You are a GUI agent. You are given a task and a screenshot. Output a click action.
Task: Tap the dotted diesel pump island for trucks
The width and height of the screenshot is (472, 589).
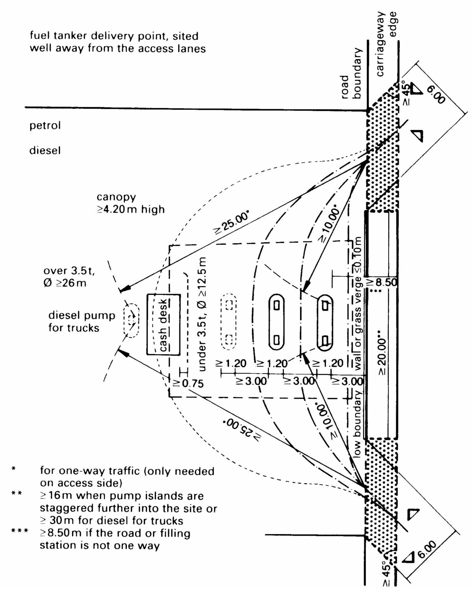point(131,320)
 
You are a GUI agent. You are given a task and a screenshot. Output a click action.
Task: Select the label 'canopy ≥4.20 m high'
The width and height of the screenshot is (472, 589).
point(130,203)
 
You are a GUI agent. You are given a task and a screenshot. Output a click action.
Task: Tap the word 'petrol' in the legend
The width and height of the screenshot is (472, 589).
point(45,125)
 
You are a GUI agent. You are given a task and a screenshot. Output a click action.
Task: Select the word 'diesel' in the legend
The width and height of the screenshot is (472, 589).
point(45,150)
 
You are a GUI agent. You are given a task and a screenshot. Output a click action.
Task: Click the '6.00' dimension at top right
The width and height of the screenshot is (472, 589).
point(436,94)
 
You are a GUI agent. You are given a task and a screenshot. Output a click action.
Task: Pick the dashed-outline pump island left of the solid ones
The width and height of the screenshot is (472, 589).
point(229,322)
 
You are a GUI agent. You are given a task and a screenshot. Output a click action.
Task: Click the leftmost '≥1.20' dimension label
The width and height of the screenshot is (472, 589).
point(231,363)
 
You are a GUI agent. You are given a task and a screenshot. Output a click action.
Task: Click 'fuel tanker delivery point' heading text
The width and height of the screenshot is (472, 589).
point(114,36)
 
